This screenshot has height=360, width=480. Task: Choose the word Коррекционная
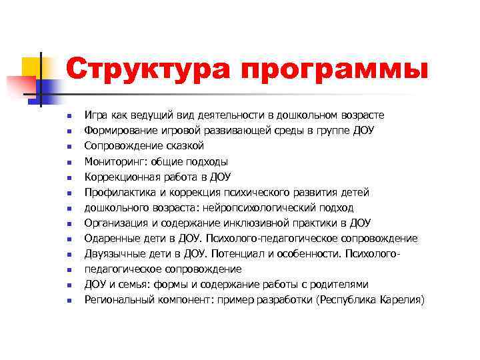tap(121, 177)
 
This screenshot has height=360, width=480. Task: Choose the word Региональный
tap(119, 300)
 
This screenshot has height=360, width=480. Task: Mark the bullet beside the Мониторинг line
tap(69, 162)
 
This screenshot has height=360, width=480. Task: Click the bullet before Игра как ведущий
tap(69, 116)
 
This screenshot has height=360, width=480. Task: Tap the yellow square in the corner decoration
tap(31, 67)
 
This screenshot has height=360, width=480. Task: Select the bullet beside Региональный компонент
tap(69, 301)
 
